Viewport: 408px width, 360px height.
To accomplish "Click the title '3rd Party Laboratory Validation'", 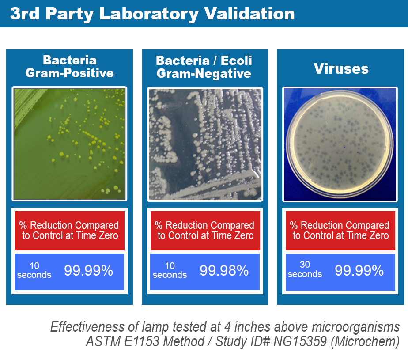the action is pos(152,14).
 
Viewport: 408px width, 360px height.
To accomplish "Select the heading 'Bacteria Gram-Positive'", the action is pos(70,67).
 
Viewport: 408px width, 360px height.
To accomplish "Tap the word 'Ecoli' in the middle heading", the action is pos(236,61).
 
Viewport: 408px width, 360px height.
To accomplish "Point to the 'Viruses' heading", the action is pos(341,69).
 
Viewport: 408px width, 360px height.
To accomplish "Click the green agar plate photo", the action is pos(69,144).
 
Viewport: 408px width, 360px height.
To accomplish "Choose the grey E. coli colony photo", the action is pos(205,144).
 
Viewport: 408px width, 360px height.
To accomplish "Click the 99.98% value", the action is pos(224,271).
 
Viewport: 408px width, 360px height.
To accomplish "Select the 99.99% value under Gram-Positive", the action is pos(88,271).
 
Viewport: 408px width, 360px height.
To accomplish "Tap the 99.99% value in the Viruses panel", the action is pos(359,271).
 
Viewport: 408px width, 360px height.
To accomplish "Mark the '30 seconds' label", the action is pos(305,269).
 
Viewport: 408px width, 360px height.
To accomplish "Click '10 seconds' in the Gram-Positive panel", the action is pos(34,270).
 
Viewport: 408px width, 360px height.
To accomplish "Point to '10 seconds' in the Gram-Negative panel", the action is pos(170,270).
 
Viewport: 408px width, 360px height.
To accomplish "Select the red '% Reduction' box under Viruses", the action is pos(340,231).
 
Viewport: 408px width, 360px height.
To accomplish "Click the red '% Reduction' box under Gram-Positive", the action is pos(70,231).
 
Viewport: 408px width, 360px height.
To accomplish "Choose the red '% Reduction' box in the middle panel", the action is pos(205,231).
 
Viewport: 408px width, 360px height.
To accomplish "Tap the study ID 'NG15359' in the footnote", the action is pos(300,341).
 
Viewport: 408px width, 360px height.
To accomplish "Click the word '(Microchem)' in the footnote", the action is pos(365,342).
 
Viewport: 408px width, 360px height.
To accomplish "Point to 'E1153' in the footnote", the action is pos(141,341).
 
